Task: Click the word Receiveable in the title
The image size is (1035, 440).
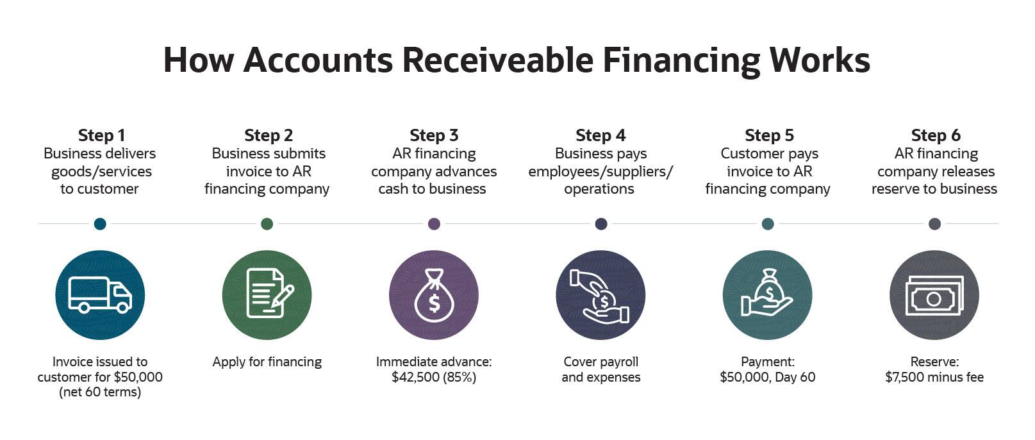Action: click(x=497, y=60)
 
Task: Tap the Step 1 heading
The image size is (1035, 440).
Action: click(x=102, y=135)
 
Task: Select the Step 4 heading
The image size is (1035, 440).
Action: click(x=600, y=135)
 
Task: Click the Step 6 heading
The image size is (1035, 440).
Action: click(x=936, y=135)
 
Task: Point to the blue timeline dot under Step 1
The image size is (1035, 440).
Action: click(x=100, y=224)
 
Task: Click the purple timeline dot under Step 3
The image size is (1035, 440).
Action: click(x=434, y=224)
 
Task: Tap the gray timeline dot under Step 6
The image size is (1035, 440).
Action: click(x=935, y=224)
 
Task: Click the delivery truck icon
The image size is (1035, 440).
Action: click(x=100, y=295)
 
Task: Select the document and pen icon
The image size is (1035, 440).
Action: click(x=270, y=293)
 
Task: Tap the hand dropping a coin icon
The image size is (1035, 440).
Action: click(x=600, y=296)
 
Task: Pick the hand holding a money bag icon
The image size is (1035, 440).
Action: click(x=766, y=293)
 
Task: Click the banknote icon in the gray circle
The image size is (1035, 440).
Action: click(x=934, y=296)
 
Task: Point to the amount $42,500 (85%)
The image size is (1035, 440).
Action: click(x=434, y=377)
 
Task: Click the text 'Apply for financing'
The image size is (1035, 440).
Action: click(x=267, y=362)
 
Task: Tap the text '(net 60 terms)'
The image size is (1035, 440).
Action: click(x=100, y=393)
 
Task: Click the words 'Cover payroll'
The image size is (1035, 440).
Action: click(x=600, y=362)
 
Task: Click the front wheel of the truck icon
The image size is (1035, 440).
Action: click(x=123, y=307)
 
